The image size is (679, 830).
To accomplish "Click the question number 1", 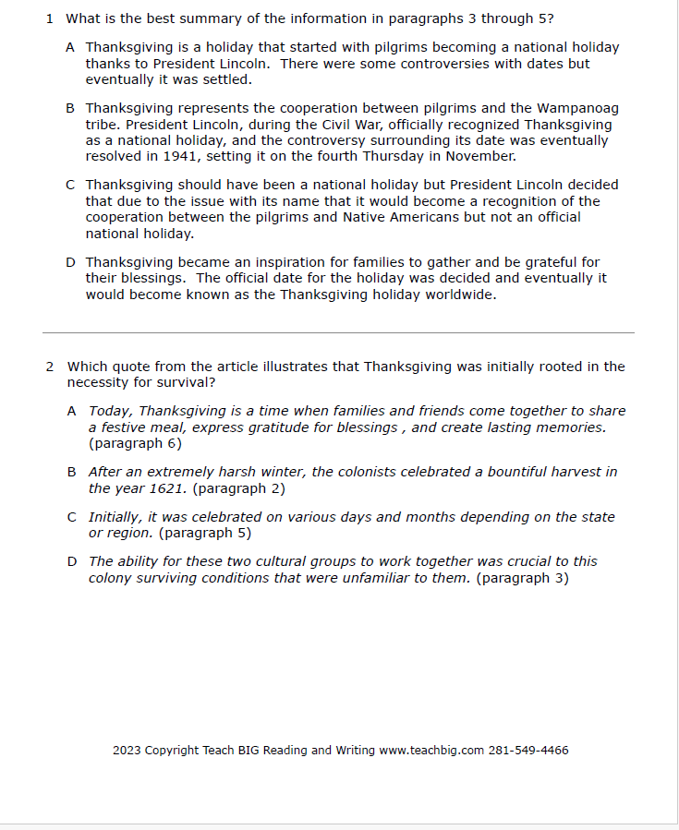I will pyautogui.click(x=50, y=18).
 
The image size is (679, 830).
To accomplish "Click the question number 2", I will pyautogui.click(x=50, y=367).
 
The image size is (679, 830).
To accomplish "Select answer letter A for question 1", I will pyautogui.click(x=71, y=47).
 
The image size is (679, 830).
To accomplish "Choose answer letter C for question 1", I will pyautogui.click(x=71, y=185).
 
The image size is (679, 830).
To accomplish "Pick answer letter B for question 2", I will pyautogui.click(x=71, y=472).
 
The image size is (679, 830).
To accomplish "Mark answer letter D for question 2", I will pyautogui.click(x=71, y=561).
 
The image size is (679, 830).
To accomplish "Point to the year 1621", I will pyautogui.click(x=167, y=488).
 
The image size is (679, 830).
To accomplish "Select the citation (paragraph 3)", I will pyautogui.click(x=522, y=578).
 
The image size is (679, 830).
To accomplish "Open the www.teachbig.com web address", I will pyautogui.click(x=431, y=750).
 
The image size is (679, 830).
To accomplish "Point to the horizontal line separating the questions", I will pyautogui.click(x=338, y=332).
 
